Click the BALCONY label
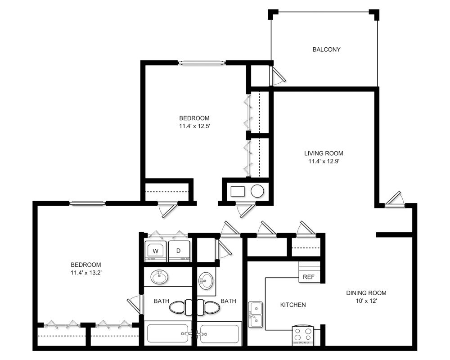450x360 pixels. point(326,49)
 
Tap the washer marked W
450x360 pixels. point(156,251)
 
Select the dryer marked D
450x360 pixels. point(179,251)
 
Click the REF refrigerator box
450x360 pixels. point(310,272)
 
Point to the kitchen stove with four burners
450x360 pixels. point(303,335)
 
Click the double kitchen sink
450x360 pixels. point(255,315)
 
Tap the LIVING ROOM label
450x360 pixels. point(324,153)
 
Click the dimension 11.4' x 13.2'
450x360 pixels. point(86,273)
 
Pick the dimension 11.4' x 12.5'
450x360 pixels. point(194,126)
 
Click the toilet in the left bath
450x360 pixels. point(180,307)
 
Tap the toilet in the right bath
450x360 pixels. point(208,307)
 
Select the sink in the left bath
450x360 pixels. point(160,277)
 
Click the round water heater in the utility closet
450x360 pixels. point(257,191)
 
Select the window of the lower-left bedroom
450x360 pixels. point(88,203)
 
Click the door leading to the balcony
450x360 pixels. point(277,75)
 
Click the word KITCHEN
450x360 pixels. point(293,305)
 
